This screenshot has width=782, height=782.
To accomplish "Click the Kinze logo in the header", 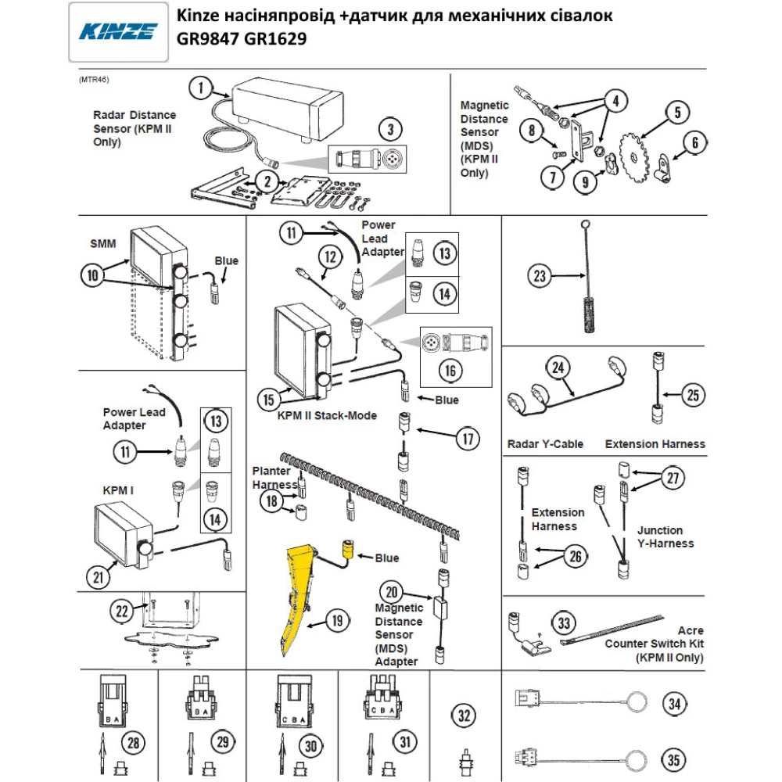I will pos(118,32).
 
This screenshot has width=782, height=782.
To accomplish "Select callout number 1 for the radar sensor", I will pos(202,88).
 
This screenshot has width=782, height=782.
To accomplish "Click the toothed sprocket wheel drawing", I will pos(636,156).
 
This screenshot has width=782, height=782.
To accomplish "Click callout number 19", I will pos(336,622).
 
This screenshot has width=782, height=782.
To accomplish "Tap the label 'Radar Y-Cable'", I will pos(545,443).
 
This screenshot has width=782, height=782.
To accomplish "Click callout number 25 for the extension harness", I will pos(692,395).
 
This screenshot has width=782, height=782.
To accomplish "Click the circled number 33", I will pos(565,623).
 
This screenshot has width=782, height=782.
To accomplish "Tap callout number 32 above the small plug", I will pos(465,714).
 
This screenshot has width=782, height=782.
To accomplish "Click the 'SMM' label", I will pos(103,244).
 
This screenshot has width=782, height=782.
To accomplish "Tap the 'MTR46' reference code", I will pos(93,81).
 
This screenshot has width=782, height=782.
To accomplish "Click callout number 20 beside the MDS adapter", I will pos(393,592).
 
